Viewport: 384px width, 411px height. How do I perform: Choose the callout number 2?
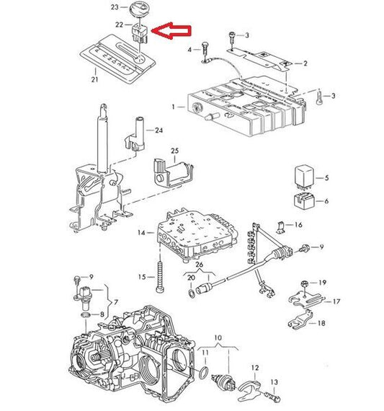pos(305,63)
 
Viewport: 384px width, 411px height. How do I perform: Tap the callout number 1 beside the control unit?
pos(172,107)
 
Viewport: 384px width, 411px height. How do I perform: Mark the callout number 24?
pos(159,131)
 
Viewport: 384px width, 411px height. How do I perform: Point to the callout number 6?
pos(326,201)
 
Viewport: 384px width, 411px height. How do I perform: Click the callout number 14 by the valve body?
pos(141,232)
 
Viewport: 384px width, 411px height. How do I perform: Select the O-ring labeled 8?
pos(86,315)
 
